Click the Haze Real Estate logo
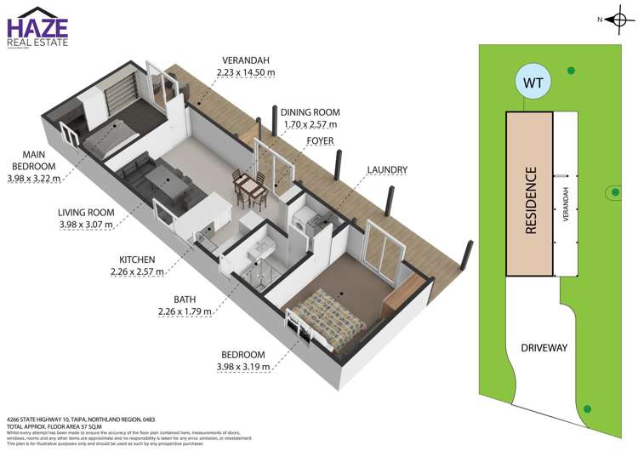tap(37, 30)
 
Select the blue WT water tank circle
tap(533, 83)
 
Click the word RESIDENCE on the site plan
tap(531, 201)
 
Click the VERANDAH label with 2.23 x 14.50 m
tap(246, 66)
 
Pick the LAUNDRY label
tap(387, 170)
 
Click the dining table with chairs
tap(249, 187)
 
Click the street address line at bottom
tap(77, 420)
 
